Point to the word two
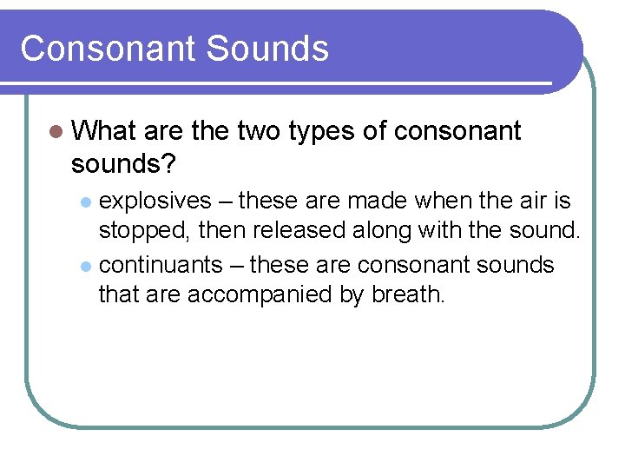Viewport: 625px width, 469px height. [x=259, y=131]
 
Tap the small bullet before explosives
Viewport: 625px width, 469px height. [x=85, y=202]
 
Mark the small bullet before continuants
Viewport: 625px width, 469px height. [x=85, y=265]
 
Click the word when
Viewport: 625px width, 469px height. [x=438, y=201]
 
